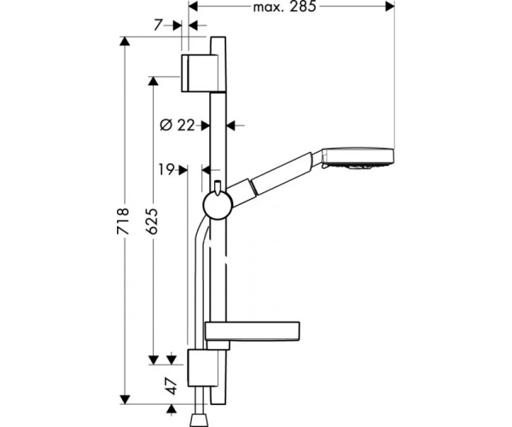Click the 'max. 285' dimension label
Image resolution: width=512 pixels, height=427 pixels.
284,7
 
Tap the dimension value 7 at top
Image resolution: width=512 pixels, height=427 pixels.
158,25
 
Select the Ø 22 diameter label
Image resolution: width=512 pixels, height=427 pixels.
177,125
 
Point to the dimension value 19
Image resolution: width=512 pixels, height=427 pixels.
166,170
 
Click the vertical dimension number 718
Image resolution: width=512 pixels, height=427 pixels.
123,221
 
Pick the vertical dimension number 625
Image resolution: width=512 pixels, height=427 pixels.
152,221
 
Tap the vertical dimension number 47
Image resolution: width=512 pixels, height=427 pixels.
172,386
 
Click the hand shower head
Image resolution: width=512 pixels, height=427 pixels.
358,159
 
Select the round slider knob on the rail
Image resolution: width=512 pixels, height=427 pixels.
218,206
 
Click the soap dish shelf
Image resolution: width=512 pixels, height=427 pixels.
252,331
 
